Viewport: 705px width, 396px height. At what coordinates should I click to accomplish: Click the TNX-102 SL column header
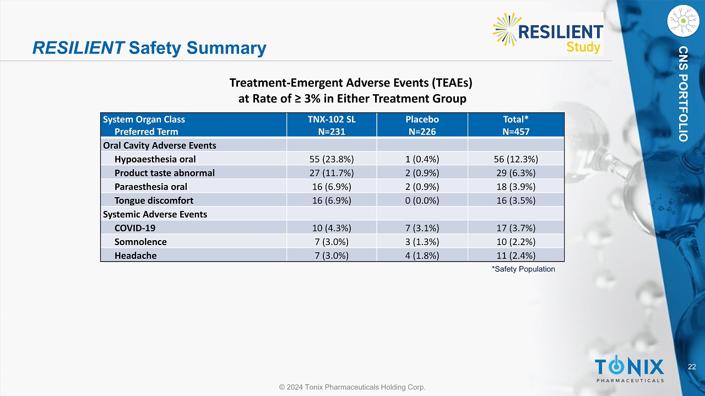[332, 125]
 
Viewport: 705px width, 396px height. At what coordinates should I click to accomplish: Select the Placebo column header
[422, 125]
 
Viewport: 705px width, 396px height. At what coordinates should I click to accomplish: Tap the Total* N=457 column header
[516, 125]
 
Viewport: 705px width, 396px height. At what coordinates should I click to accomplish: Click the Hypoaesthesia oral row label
[155, 159]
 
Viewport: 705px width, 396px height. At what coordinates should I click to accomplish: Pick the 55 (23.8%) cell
[332, 159]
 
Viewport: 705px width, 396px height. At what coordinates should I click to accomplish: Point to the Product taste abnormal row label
[164, 173]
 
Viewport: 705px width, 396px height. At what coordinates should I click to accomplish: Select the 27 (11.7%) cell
[332, 173]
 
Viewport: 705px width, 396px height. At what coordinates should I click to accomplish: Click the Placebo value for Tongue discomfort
[422, 200]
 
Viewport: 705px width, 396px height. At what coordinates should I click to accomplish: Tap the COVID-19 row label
[135, 228]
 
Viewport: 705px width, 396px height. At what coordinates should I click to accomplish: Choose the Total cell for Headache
[516, 256]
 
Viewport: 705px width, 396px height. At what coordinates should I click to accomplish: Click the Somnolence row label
[140, 242]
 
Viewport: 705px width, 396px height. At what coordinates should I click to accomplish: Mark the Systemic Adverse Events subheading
[155, 214]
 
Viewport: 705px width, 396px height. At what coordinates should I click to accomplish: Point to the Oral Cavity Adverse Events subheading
[160, 145]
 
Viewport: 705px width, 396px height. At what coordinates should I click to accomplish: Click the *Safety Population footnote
[523, 269]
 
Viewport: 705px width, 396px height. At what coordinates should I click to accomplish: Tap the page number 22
[692, 367]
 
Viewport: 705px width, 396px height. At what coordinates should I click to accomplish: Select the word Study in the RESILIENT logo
[583, 47]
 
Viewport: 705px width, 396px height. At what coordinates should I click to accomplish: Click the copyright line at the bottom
[352, 387]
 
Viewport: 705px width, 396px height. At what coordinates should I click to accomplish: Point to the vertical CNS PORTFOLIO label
[683, 94]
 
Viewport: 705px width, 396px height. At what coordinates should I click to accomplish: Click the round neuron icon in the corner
[683, 21]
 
